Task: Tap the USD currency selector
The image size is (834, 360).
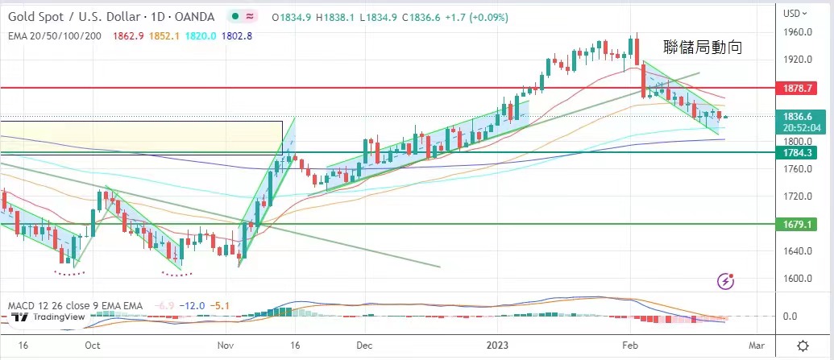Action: (x=795, y=13)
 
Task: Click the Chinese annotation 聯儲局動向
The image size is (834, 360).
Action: (x=702, y=48)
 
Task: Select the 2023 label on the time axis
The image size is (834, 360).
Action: (x=498, y=345)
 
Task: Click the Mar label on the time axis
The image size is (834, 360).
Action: (x=755, y=345)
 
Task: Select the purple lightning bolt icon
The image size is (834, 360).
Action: (x=726, y=281)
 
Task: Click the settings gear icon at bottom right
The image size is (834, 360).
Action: (x=803, y=345)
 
